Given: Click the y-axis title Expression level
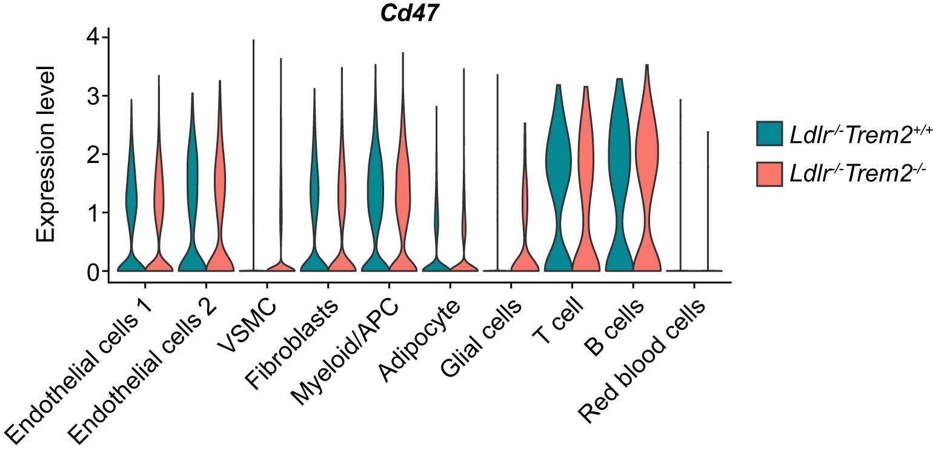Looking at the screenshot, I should pyautogui.click(x=45, y=154).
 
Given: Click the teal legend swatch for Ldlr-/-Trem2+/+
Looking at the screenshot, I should pyautogui.click(x=769, y=133).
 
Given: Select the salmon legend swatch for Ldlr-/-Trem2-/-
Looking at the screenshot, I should pyautogui.click(x=769, y=173).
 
